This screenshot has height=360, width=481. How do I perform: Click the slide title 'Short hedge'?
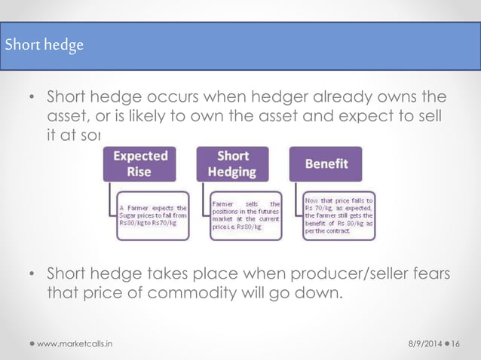pos(44,44)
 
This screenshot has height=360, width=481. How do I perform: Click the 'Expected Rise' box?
pos(139,164)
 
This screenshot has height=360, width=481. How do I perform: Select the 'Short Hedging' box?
pos(233,164)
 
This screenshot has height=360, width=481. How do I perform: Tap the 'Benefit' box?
pos(326,163)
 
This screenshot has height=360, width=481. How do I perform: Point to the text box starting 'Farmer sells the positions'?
pos(246,216)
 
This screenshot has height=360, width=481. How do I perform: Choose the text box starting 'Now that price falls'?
pos(339,216)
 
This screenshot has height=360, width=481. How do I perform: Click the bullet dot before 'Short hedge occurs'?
pos(32,98)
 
